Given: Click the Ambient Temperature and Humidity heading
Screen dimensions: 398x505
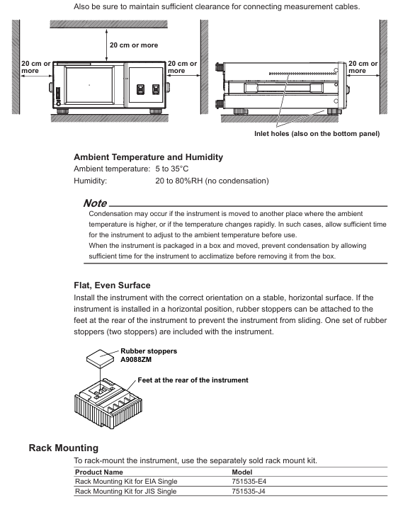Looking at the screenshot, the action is tap(149, 157).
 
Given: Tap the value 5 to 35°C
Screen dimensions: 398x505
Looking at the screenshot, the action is tap(172, 169).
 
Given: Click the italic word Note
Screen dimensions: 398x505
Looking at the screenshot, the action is tap(95, 203).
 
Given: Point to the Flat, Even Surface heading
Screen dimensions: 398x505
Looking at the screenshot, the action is tap(112, 285).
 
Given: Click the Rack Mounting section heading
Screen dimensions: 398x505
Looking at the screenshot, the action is tap(64, 448).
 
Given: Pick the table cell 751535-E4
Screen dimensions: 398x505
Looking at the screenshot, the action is tap(249, 482).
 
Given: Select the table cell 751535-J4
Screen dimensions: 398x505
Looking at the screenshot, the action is tap(249, 491).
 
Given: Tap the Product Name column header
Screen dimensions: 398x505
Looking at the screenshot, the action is tap(99, 472).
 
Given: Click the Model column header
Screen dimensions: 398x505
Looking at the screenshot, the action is tap(242, 472).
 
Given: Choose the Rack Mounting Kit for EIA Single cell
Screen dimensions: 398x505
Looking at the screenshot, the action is tap(126, 482).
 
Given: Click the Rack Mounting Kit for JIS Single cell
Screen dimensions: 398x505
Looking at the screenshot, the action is tap(125, 491).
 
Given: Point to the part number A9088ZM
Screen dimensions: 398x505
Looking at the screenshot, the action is tap(136, 360).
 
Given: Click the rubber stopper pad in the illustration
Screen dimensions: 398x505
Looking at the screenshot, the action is tap(100, 358).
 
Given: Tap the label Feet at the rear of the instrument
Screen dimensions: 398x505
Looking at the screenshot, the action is tap(193, 380).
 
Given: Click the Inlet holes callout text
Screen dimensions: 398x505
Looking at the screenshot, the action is tap(317, 134).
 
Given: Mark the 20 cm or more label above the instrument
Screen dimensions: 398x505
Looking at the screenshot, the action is tap(134, 45).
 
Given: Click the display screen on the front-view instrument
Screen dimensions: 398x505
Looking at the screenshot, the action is tap(89, 85).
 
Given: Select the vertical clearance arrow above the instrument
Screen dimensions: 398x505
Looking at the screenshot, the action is tap(107, 45).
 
